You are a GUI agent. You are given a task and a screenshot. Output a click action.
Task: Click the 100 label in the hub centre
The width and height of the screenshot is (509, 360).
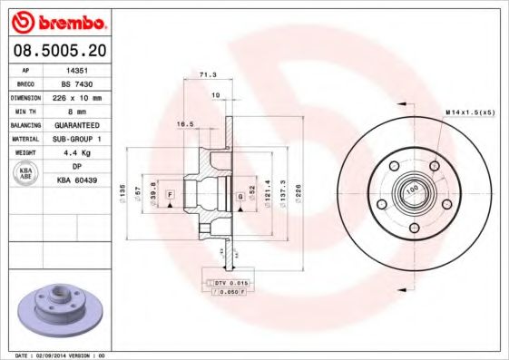point(411,190)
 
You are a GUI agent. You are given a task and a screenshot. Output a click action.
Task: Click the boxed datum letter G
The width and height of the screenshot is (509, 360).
point(240,196)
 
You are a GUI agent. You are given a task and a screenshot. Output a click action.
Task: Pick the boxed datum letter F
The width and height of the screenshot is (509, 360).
point(169,208)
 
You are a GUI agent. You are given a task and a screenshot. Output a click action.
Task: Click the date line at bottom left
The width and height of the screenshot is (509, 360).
point(56,355)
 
